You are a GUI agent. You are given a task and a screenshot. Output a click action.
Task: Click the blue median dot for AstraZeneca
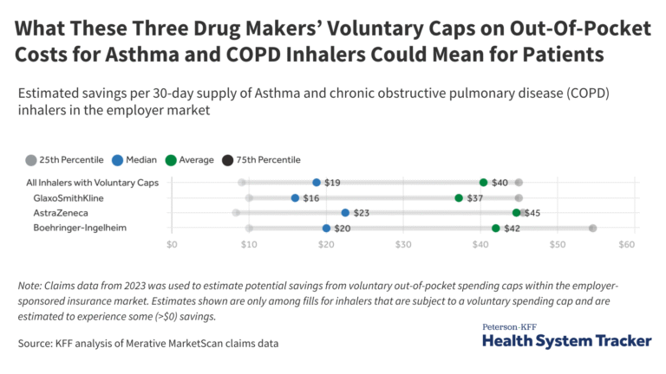[345, 213]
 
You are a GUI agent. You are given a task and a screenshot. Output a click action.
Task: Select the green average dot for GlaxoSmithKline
[459, 198]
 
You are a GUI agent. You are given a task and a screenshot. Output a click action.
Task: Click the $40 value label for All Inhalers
[499, 183]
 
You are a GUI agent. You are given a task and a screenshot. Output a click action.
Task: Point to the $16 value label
[310, 198]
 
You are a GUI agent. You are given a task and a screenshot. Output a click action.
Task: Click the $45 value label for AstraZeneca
[532, 213]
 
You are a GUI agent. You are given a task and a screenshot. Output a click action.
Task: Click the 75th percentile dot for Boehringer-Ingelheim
[592, 229]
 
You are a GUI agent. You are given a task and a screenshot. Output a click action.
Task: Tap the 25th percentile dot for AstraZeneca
[236, 213]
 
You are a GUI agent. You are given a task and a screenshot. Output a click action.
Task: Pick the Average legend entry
[193, 159]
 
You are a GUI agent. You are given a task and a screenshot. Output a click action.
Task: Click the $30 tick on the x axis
[402, 245]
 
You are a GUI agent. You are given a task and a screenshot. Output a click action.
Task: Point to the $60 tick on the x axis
[627, 245]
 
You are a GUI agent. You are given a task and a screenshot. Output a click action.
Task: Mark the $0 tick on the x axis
[172, 245]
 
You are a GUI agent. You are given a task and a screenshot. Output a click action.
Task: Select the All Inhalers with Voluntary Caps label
[93, 183]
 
